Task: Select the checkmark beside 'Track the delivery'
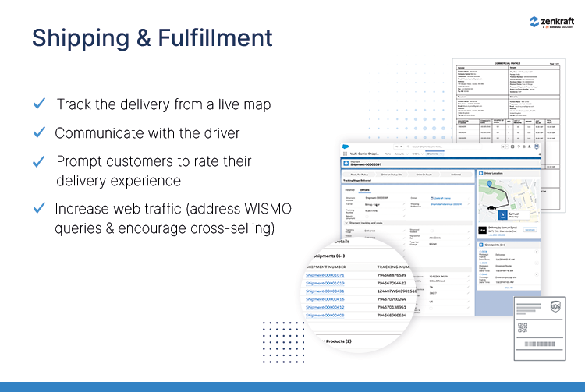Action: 39,104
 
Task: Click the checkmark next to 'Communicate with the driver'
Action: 39,132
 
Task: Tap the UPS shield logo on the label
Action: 555,309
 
